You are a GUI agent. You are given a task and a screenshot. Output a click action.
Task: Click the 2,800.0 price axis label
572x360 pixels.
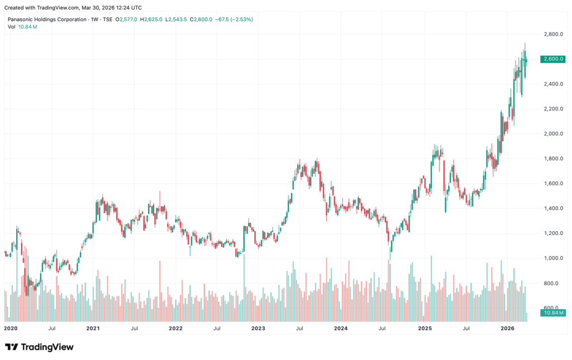[554, 34]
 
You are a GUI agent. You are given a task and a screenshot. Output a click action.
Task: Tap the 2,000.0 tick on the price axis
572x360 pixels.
[554, 134]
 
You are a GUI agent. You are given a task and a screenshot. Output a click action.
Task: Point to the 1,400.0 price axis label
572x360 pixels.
[554, 208]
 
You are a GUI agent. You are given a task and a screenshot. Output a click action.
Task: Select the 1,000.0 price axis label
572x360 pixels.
[554, 258]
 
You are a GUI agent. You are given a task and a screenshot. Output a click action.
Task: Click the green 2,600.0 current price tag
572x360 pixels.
[553, 59]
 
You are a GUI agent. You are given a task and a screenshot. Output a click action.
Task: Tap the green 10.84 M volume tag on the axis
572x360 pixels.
[553, 313]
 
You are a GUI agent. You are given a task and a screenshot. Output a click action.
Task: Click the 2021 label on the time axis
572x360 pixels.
[93, 328]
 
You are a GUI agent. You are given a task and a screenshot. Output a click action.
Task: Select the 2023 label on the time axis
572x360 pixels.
[258, 328]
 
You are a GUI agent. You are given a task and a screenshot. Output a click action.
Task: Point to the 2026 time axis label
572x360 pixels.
[507, 328]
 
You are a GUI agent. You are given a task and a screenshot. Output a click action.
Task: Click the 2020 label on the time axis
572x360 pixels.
[11, 328]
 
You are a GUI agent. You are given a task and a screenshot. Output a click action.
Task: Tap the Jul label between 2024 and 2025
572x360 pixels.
[382, 328]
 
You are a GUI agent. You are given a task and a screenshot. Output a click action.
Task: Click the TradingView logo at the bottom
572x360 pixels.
[39, 347]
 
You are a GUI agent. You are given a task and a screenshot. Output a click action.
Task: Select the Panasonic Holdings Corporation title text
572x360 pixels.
[47, 20]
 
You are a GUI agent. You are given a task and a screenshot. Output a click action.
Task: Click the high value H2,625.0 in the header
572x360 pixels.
[151, 20]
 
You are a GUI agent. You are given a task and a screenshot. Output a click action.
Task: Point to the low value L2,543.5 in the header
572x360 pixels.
[176, 20]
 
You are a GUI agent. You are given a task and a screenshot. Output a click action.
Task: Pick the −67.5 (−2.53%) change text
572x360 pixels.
[234, 20]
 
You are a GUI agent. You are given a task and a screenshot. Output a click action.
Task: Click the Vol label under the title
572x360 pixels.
[12, 27]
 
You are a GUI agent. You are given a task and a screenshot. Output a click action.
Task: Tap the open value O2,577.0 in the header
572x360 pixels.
[126, 20]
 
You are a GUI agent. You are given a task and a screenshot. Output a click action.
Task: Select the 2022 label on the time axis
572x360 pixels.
[175, 328]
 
